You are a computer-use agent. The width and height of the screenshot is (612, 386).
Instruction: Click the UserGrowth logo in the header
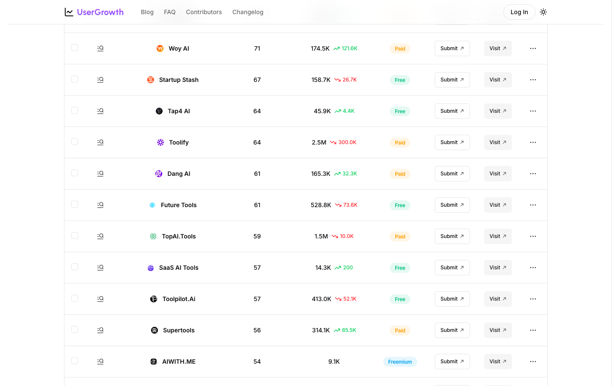94,12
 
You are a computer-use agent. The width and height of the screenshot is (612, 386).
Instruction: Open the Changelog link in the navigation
248,12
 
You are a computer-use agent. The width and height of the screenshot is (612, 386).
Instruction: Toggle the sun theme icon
543,12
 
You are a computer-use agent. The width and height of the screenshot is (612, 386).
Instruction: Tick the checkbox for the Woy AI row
75,48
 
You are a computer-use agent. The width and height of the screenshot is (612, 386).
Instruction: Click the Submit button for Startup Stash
452,80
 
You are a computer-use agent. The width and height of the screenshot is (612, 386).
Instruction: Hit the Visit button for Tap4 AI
498,111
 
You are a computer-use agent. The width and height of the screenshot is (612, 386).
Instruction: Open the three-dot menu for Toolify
533,142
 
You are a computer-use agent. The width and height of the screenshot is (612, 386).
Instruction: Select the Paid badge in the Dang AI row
400,174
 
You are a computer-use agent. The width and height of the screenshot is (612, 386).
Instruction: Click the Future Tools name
179,205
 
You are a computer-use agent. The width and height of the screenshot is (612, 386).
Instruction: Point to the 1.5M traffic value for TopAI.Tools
321,236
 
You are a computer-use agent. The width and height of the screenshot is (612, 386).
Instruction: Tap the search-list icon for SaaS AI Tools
100,268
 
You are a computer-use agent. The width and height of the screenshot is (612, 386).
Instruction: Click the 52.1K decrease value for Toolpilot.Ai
350,299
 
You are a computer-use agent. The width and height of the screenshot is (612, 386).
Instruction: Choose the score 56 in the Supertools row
257,330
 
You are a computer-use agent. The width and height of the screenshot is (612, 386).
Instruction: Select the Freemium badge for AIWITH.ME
400,362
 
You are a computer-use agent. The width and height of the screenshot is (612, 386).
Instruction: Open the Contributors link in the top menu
204,12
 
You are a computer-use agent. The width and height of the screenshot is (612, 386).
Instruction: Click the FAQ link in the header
170,12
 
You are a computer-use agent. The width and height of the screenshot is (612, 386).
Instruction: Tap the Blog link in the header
147,12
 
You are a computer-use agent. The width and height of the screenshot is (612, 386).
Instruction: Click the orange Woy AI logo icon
160,48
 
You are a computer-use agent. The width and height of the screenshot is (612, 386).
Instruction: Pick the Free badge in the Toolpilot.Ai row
400,299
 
